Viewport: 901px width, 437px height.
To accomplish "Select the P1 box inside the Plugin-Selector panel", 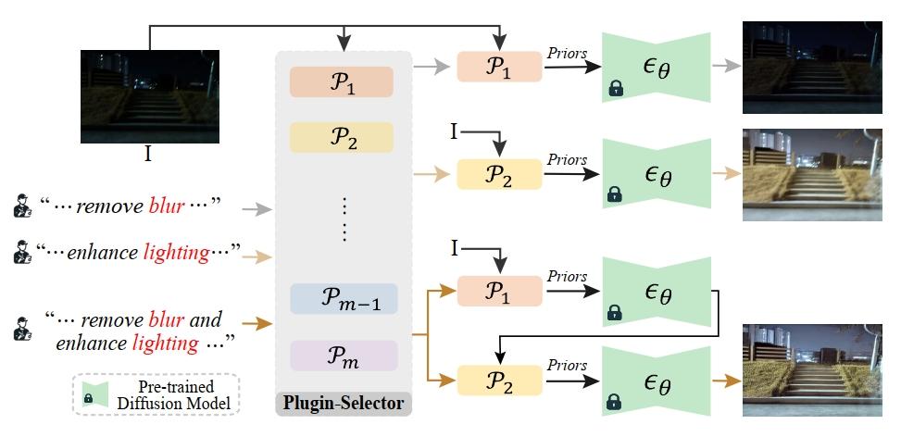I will point(342,82).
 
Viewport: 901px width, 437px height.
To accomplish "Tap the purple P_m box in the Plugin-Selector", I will point(342,356).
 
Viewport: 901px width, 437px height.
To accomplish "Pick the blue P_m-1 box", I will point(342,298).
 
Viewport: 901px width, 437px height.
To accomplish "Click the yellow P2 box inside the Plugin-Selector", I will point(342,137).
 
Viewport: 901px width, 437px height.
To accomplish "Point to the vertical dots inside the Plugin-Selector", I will point(343,219).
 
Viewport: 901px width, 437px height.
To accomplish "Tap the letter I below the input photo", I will point(148,155).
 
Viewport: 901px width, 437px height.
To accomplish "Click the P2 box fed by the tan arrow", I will point(499,174).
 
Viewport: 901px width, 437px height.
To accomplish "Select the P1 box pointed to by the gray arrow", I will point(499,68).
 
